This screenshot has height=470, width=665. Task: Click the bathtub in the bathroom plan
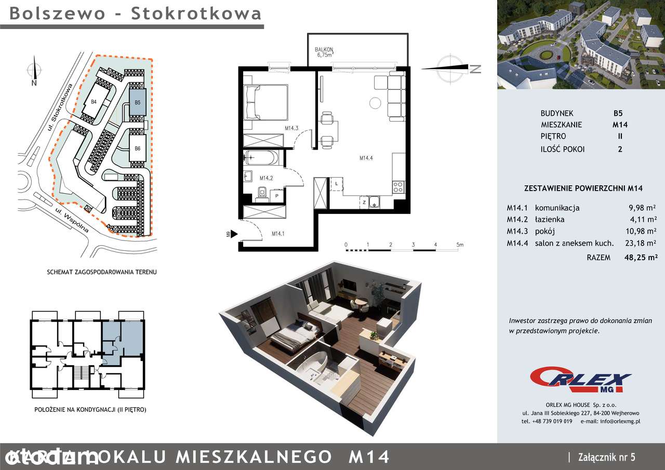pos(262,158)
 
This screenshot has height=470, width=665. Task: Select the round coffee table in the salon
pos(375,103)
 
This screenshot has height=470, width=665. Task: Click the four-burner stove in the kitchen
pos(398,187)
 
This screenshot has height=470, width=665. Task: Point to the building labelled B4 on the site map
pos(94,102)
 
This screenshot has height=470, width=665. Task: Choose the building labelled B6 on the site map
pos(137,149)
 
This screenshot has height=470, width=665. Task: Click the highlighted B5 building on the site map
pos(137,103)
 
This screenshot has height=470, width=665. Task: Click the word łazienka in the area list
pos(550,220)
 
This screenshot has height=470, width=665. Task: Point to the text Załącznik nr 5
pos(606,457)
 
